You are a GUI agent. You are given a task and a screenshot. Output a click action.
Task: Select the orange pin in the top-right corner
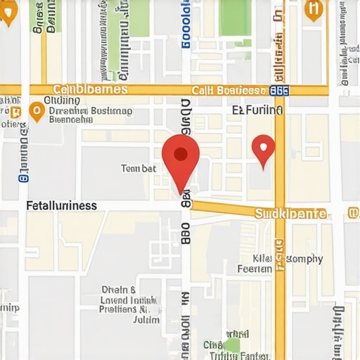(x=314, y=8)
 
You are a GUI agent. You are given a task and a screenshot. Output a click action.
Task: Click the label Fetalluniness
(x=61, y=206)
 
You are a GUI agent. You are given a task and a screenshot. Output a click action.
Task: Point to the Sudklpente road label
(x=290, y=213)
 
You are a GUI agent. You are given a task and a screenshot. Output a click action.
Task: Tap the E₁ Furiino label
(x=257, y=110)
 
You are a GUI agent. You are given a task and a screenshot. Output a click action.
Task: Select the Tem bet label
(x=139, y=169)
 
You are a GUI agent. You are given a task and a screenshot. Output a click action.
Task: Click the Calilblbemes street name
(x=91, y=89)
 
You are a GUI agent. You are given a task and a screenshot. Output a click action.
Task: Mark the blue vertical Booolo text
(x=186, y=25)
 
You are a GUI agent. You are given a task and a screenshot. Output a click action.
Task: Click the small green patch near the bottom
(x=231, y=345)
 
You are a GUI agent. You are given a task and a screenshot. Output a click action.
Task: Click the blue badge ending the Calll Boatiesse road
(x=279, y=90)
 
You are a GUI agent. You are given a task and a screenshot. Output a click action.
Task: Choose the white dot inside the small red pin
(x=263, y=147)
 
